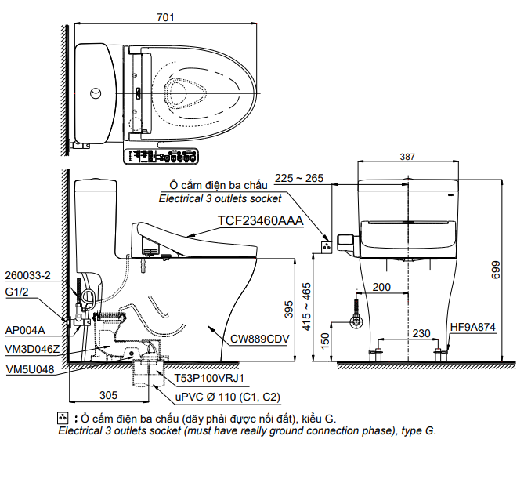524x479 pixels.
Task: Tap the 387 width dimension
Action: coord(407,157)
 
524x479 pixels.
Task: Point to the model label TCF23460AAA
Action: coord(259,221)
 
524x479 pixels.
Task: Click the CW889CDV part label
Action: coord(260,339)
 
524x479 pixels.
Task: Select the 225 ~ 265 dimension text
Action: coord(299,179)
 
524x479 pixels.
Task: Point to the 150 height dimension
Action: coord(323,342)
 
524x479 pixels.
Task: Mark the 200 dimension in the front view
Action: coord(382,287)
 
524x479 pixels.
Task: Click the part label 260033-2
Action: coord(27,276)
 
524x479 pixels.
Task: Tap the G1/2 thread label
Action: coord(17,293)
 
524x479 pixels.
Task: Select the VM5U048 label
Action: coord(30,369)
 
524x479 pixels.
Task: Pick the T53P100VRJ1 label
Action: coord(210,378)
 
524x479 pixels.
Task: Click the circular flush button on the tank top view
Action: coord(96,93)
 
